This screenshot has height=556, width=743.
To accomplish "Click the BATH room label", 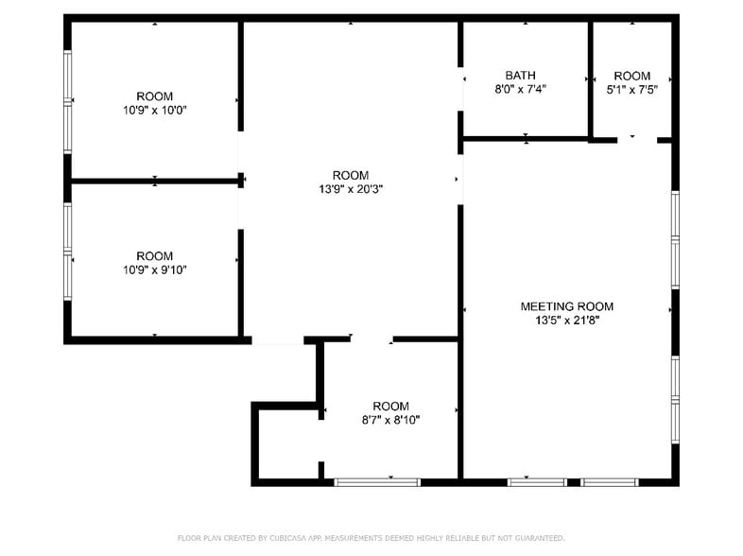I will pyautogui.click(x=520, y=75).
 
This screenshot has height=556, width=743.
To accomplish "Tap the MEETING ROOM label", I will pyautogui.click(x=567, y=306).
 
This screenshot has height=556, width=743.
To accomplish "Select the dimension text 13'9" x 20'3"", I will pyautogui.click(x=350, y=188).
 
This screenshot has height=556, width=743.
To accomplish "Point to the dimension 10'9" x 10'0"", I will pyautogui.click(x=154, y=109).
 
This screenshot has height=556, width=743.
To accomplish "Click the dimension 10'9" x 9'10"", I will pyautogui.click(x=154, y=269).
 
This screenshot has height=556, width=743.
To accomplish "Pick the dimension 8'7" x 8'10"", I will pyautogui.click(x=390, y=419).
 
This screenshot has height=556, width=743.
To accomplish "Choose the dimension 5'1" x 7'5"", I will pyautogui.click(x=631, y=89).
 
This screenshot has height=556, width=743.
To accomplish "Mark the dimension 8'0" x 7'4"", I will pyautogui.click(x=520, y=89).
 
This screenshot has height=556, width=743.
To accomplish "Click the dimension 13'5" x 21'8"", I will pyautogui.click(x=567, y=320).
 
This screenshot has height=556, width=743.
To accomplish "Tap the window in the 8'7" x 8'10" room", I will pyautogui.click(x=377, y=482).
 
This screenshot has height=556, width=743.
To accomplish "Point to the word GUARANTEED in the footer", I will pyautogui.click(x=535, y=538).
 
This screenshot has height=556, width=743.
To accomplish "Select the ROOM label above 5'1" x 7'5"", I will pyautogui.click(x=631, y=76).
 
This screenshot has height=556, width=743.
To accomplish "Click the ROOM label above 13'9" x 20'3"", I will pyautogui.click(x=350, y=175).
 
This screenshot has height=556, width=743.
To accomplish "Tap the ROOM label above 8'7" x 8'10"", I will pyautogui.click(x=390, y=406).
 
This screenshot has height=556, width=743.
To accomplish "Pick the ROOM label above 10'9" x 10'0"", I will pyautogui.click(x=154, y=96).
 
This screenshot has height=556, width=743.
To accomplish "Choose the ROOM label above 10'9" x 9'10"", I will pyautogui.click(x=154, y=256).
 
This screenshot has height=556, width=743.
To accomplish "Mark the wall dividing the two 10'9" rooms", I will pyautogui.click(x=154, y=180).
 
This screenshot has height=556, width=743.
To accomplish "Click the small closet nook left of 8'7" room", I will pyautogui.click(x=286, y=444).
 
